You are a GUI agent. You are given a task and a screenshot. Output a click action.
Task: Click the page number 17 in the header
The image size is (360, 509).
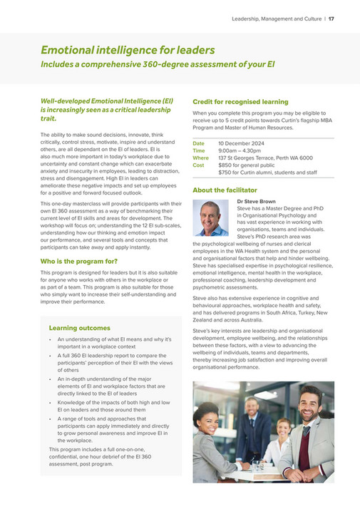click(331, 18)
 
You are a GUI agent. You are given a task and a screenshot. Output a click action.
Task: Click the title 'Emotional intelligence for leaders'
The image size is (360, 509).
click(128, 50)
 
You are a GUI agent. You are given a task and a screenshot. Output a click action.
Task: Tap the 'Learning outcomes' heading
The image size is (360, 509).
click(79, 327)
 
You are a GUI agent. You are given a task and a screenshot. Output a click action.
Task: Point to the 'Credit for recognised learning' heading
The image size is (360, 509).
click(240, 102)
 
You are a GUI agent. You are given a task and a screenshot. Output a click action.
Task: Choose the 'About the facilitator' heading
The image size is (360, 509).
click(225, 190)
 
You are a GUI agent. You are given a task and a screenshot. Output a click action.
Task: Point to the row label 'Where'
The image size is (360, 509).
click(201, 158)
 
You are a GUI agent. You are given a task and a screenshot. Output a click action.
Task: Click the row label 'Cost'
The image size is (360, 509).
click(198, 165)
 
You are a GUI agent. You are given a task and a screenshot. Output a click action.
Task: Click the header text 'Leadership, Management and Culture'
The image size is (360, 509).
click(274, 18)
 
